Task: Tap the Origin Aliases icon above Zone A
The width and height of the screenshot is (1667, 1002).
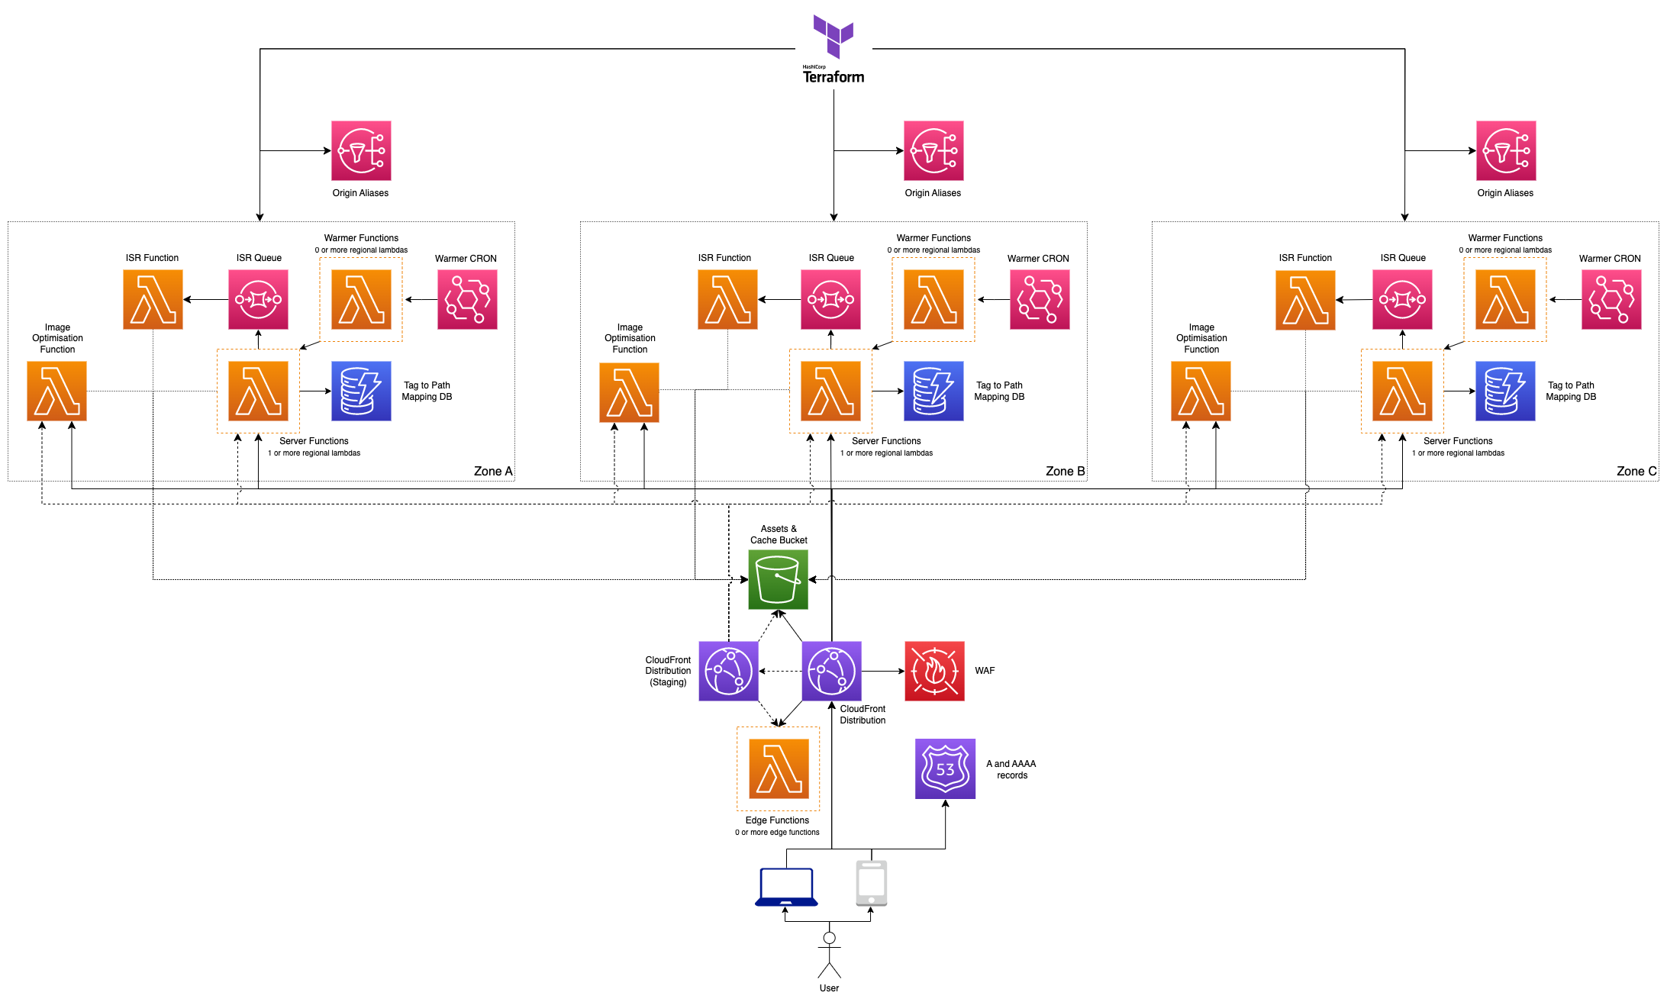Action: tap(361, 150)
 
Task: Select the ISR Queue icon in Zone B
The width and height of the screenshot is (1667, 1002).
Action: tap(830, 299)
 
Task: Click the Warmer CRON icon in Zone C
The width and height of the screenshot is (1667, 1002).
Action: tap(1611, 299)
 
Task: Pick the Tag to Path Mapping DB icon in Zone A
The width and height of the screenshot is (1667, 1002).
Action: tap(361, 391)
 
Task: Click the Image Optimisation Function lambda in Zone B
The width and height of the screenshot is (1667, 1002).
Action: tap(629, 392)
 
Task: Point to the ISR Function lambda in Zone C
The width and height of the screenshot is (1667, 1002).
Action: tap(1305, 300)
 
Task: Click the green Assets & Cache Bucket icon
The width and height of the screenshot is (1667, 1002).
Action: tap(778, 579)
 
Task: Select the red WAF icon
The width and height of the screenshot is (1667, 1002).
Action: tap(934, 671)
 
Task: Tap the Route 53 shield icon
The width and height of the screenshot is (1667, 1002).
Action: tap(945, 768)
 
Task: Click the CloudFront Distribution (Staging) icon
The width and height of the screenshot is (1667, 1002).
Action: tap(728, 671)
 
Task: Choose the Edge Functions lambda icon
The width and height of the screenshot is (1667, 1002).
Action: tap(778, 768)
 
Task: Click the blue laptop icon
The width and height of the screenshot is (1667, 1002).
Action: tap(786, 887)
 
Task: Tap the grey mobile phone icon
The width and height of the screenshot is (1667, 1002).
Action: tap(871, 883)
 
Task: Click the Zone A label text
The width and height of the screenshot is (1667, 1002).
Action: tap(492, 471)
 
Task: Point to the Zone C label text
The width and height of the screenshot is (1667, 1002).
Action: tap(1636, 471)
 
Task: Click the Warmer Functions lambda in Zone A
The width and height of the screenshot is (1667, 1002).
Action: tap(361, 299)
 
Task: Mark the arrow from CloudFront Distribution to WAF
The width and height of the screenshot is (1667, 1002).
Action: tap(883, 671)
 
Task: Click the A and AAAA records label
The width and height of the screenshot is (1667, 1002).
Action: tap(1011, 769)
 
